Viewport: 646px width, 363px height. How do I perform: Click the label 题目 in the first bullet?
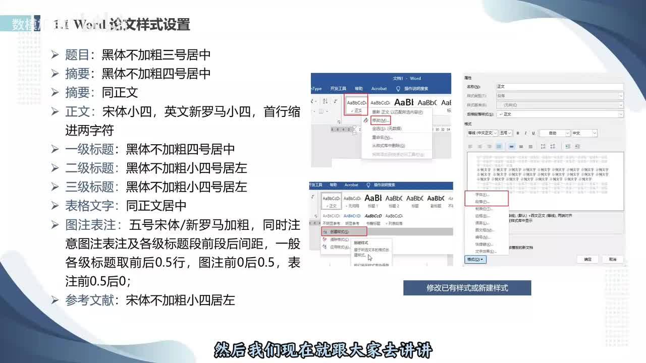(77, 55)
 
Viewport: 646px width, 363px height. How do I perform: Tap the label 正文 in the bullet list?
(77, 111)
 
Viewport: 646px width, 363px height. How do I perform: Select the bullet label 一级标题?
(89, 149)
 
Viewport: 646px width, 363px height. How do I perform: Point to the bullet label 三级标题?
(89, 187)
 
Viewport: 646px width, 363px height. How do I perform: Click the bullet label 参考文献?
(89, 300)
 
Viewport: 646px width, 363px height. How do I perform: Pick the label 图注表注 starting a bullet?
(89, 225)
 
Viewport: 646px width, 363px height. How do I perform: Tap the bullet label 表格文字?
(89, 206)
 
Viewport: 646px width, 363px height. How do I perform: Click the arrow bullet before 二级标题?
(56, 168)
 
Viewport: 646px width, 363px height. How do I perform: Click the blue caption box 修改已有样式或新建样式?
(467, 288)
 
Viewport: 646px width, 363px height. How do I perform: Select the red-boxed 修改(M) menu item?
(381, 120)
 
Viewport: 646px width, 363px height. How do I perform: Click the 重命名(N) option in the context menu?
(382, 137)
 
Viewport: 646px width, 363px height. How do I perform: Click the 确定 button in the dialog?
(587, 259)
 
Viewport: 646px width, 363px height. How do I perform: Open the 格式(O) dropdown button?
(475, 259)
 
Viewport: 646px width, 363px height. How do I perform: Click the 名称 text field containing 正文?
(559, 87)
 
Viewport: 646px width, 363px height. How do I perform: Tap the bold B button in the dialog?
(518, 133)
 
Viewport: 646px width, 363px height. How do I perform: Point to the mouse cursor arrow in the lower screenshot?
(370, 258)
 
